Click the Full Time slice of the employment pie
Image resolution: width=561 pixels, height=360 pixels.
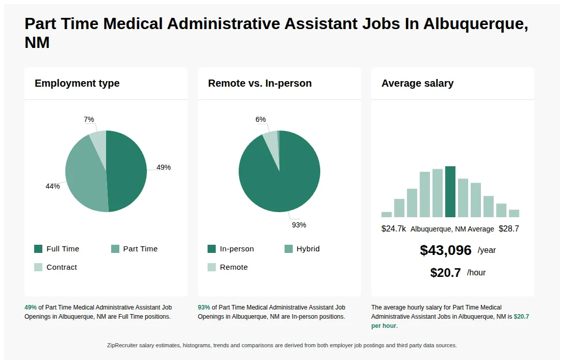click(x=127, y=171)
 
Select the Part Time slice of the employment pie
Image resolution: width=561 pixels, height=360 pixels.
click(x=84, y=176)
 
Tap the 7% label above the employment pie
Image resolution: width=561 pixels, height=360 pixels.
click(x=89, y=119)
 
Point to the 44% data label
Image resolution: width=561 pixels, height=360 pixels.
click(x=53, y=186)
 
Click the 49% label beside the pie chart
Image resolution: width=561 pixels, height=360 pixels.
click(x=164, y=167)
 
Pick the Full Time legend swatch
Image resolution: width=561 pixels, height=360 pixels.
click(x=38, y=249)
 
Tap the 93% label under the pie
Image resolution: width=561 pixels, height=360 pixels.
click(x=299, y=225)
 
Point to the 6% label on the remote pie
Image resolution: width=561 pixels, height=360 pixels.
click(x=261, y=119)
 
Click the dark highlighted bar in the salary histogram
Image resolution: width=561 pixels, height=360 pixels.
click(x=450, y=192)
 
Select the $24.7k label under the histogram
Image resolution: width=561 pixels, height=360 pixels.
click(x=394, y=228)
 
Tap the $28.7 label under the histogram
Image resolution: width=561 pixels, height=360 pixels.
click(x=509, y=228)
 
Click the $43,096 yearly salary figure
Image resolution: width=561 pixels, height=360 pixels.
click(x=446, y=250)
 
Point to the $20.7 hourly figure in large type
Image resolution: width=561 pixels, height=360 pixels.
click(x=446, y=273)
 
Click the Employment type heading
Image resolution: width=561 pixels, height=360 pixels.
click(x=77, y=83)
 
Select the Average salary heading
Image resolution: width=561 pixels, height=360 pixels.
click(x=417, y=83)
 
